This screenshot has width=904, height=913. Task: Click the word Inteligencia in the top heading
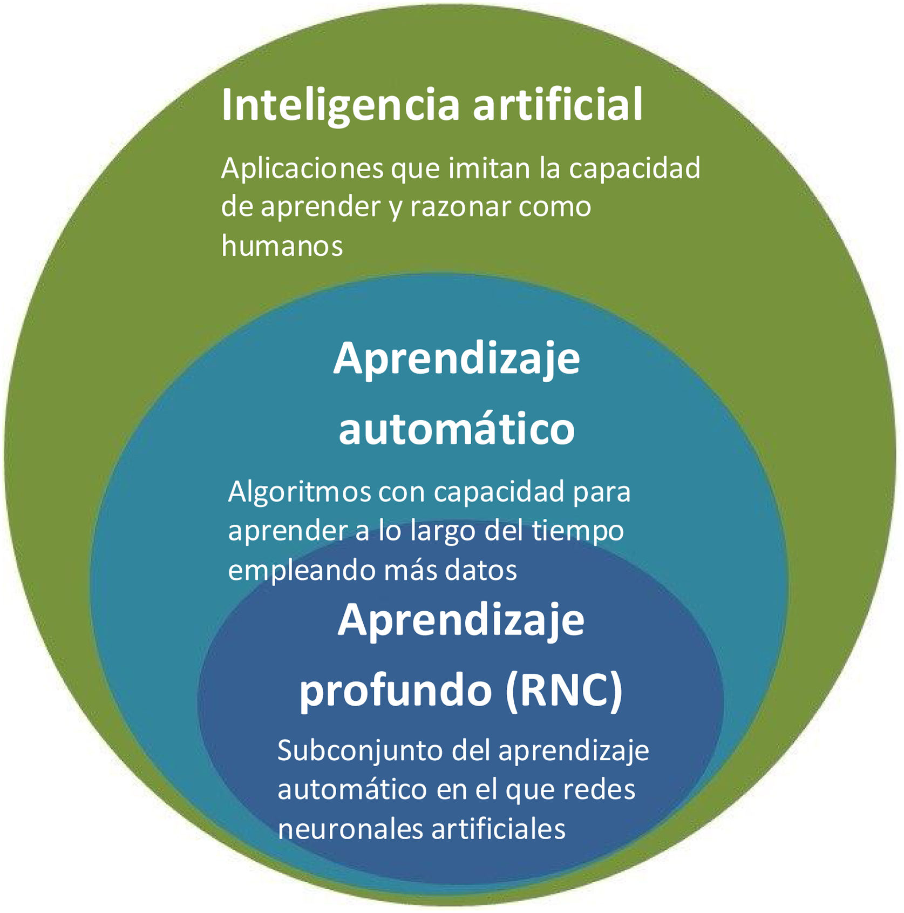[x=340, y=105]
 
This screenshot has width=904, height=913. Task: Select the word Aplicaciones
[x=302, y=168]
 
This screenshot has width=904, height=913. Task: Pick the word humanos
[x=282, y=246]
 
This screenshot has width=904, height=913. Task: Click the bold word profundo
[x=395, y=691]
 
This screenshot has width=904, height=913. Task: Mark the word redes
[x=599, y=790]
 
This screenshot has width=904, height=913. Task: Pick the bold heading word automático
[x=457, y=429]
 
